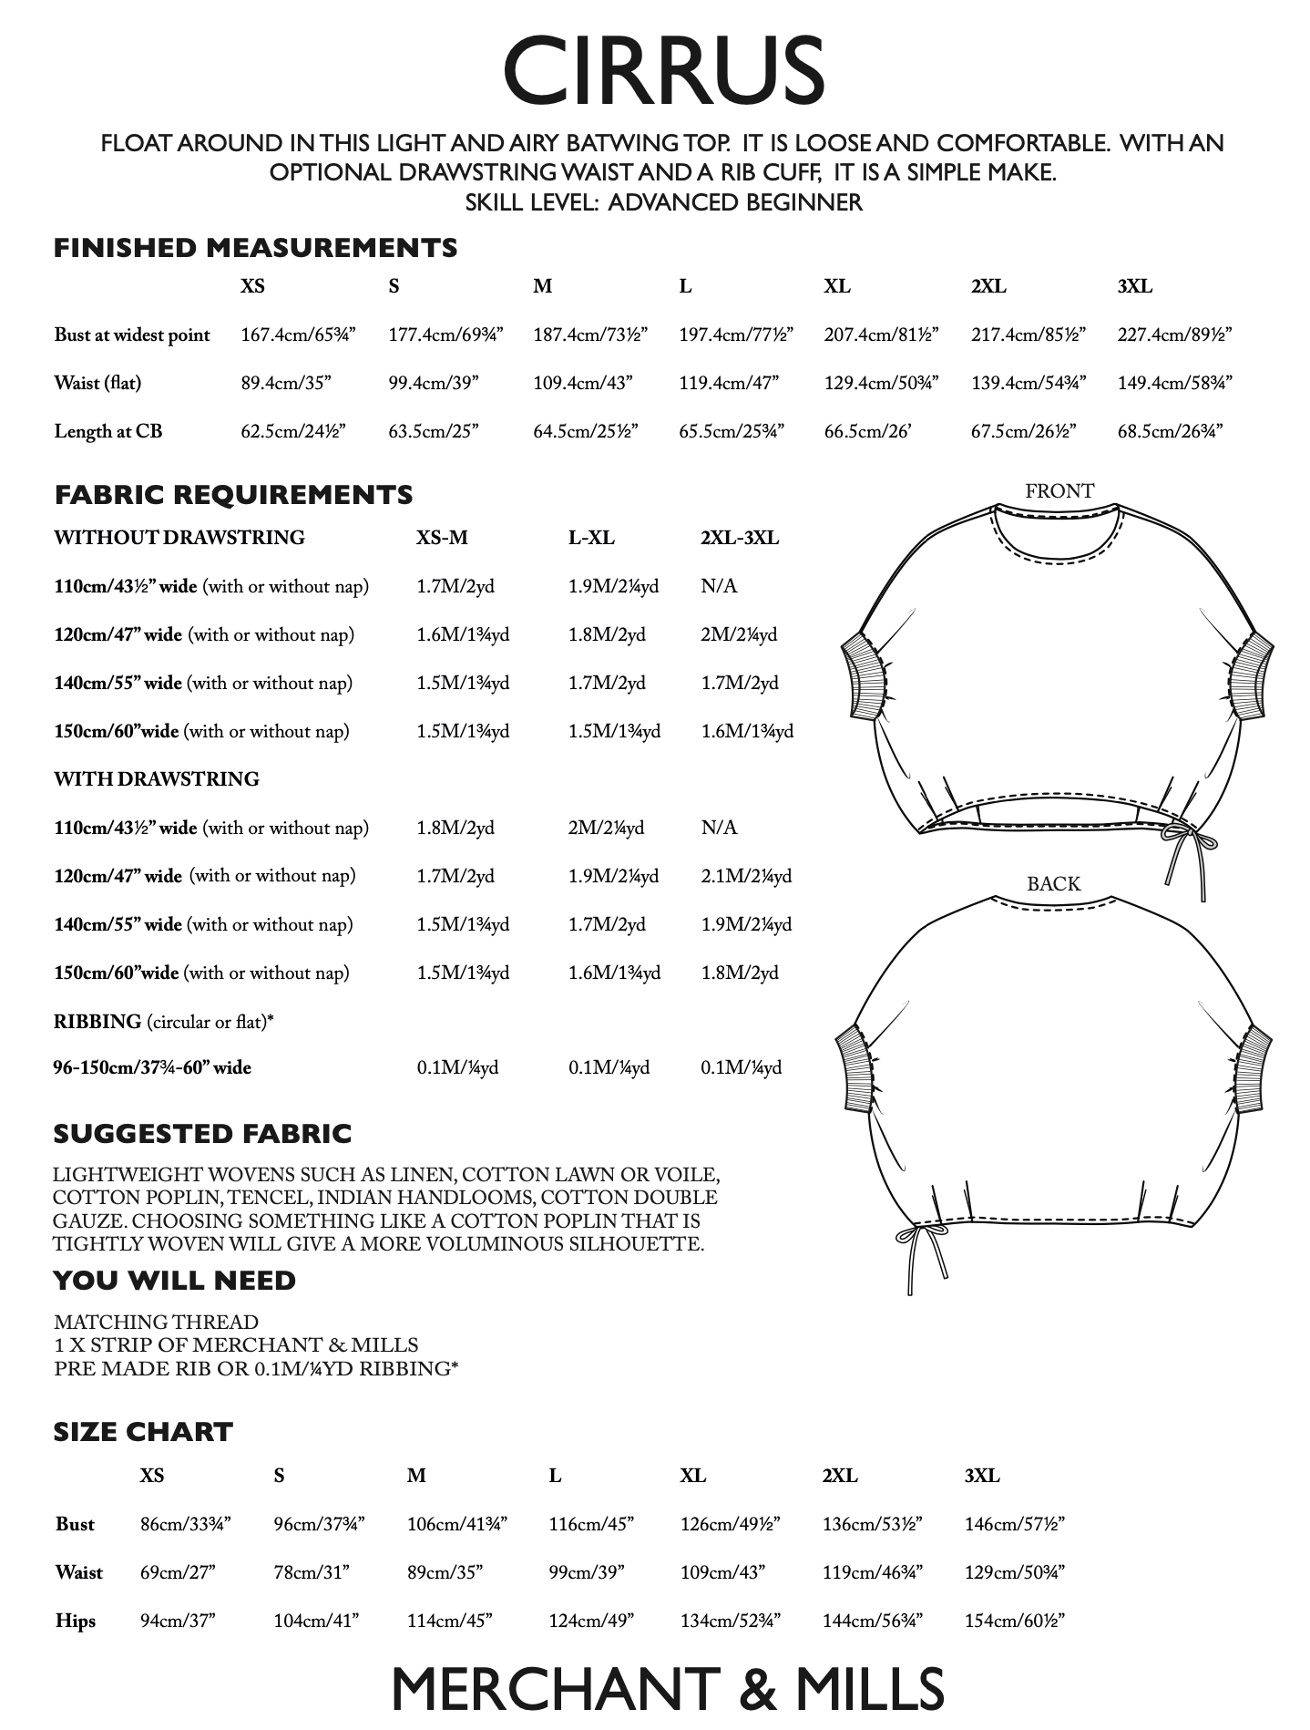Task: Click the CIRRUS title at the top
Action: (x=663, y=70)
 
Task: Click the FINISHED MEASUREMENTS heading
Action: (x=255, y=248)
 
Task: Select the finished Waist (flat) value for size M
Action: (x=582, y=383)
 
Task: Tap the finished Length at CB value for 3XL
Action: (x=1170, y=431)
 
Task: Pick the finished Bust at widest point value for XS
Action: (x=298, y=335)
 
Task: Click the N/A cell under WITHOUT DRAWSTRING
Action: (x=719, y=586)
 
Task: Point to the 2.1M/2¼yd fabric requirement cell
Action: (x=746, y=876)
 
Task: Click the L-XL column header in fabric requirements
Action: (x=591, y=538)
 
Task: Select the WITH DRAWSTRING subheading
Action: (x=157, y=779)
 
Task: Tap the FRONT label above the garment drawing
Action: (x=1059, y=491)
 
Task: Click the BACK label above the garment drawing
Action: (x=1053, y=883)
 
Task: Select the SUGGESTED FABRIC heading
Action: (x=202, y=1134)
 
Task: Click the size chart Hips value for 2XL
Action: (x=872, y=1621)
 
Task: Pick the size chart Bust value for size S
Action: (x=319, y=1524)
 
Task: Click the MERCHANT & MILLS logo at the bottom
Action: (x=668, y=1689)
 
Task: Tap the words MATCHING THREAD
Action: (x=156, y=1322)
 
